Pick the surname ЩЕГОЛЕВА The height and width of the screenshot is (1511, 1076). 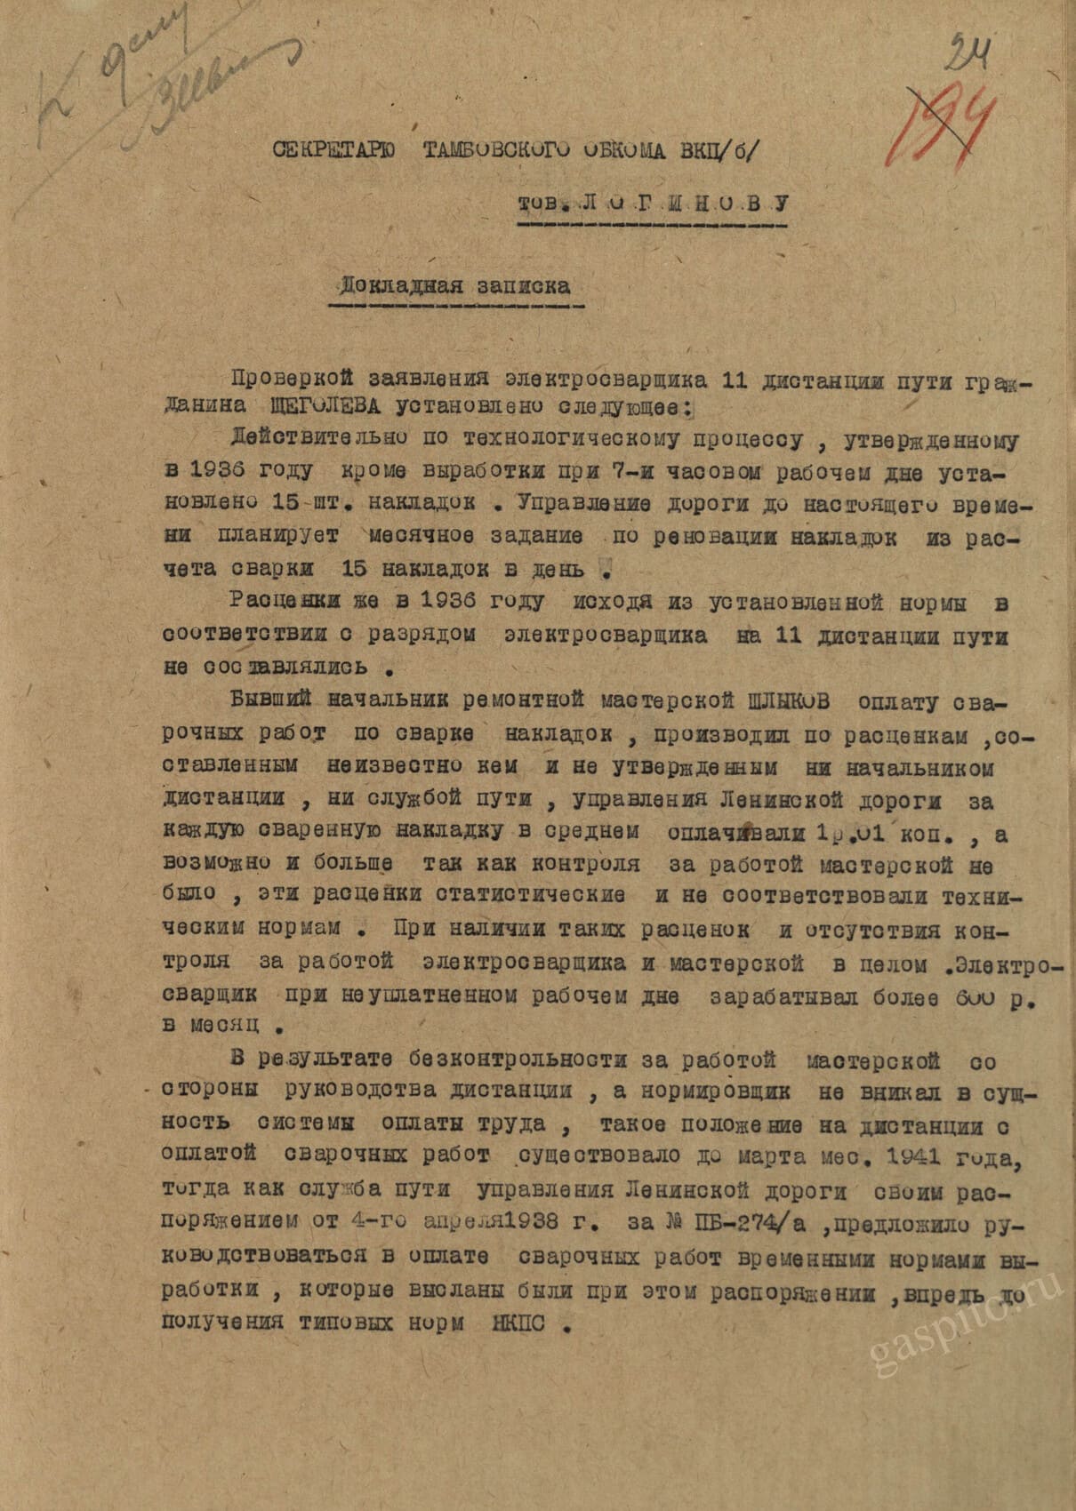point(326,406)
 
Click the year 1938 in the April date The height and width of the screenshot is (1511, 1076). point(534,1223)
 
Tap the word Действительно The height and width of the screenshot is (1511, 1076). point(319,438)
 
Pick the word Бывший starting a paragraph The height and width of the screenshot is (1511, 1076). point(270,700)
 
